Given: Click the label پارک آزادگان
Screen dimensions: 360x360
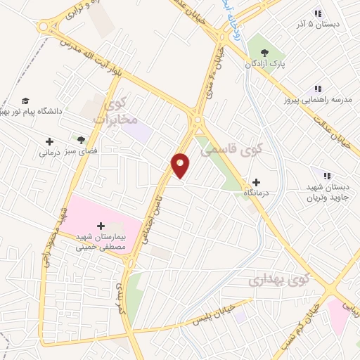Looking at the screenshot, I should (264, 65).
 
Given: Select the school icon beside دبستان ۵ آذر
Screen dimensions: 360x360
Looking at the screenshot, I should (317, 13).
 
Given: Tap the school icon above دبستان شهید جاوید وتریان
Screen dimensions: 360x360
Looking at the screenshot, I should (326, 175).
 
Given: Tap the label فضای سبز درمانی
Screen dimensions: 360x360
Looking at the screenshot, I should (64, 151).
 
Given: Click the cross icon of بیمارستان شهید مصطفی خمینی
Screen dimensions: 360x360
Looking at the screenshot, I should (101, 226).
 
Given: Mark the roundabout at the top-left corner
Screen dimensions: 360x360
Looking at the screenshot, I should (46, 26).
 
